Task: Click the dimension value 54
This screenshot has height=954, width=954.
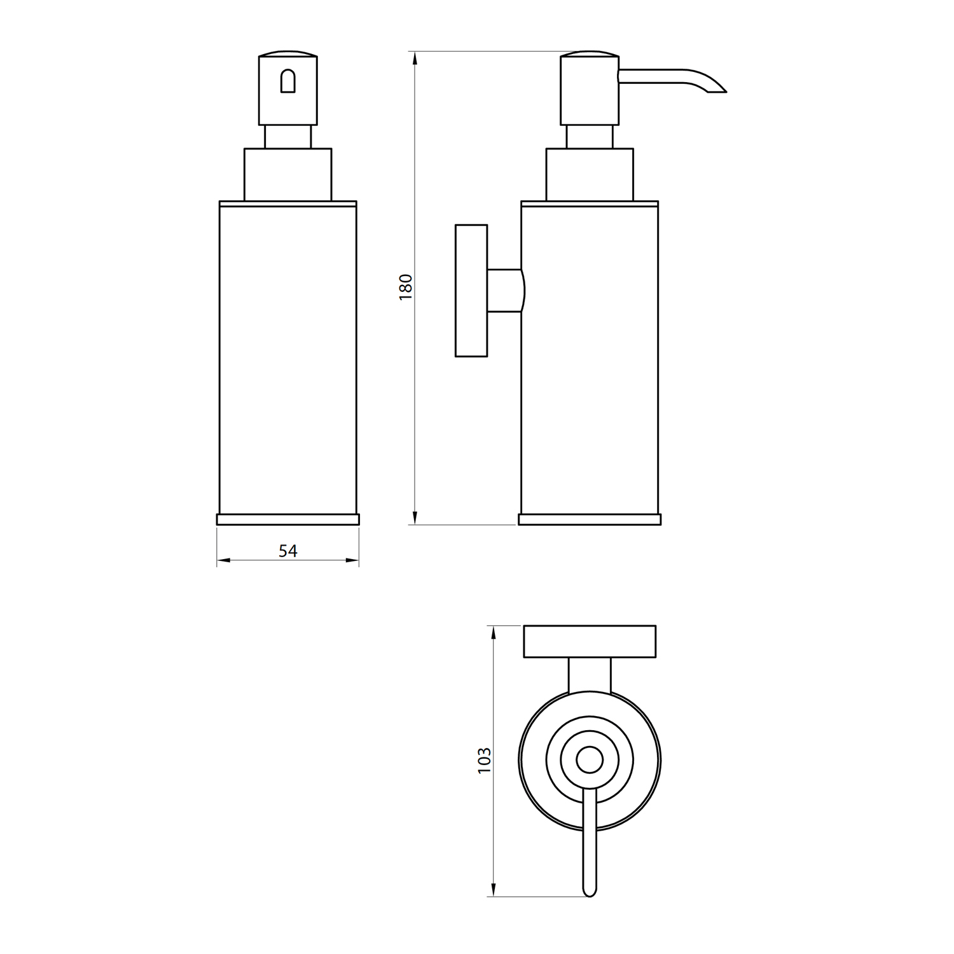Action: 288,551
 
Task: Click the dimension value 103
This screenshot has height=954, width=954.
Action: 485,760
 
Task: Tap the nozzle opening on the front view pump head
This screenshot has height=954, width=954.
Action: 288,81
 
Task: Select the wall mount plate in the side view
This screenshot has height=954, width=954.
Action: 471,291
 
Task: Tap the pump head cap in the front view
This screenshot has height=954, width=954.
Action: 288,90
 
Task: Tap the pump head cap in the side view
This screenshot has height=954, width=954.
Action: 589,90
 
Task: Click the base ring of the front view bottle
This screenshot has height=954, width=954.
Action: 288,519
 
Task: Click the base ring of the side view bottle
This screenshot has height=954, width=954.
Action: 590,519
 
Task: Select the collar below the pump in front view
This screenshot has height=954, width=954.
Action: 288,175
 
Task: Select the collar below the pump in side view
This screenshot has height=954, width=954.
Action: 590,175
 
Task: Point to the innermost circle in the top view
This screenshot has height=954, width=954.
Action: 590,760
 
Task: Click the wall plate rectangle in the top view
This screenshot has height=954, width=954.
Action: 590,642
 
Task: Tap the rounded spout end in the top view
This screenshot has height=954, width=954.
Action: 590,890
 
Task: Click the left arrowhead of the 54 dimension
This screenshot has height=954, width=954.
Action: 223,560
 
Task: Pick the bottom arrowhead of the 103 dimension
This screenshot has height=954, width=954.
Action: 493,890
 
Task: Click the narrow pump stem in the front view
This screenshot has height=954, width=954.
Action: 288,137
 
